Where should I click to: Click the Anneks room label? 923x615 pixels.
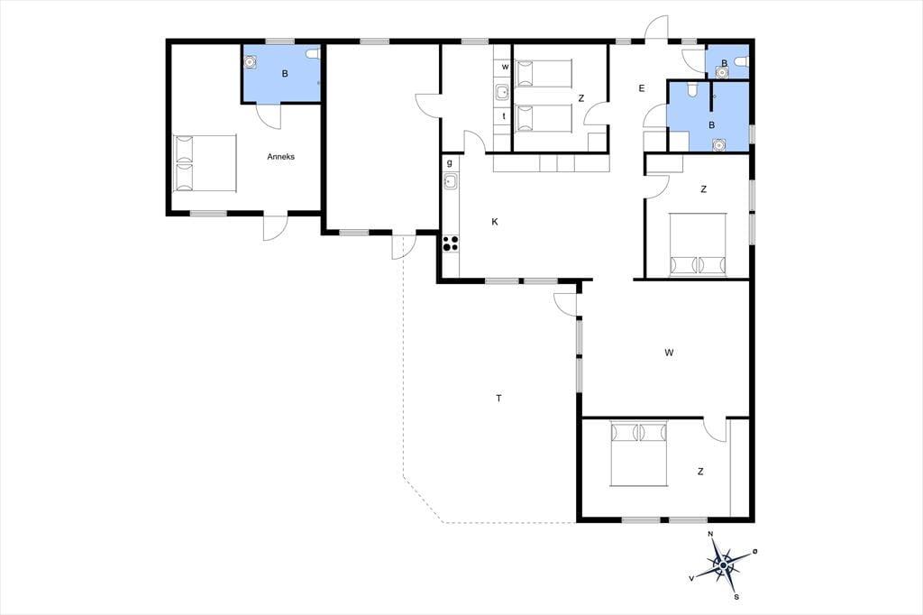pos(281,157)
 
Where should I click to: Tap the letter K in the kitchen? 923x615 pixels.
pos(495,222)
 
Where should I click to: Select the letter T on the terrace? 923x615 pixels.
pos(498,399)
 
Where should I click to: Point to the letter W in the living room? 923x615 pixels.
pos(669,353)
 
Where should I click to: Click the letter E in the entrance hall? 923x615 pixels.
pos(642,88)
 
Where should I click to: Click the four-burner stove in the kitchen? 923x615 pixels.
pos(451,243)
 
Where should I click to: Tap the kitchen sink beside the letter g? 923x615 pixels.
pos(451,181)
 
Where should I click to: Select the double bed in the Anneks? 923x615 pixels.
pos(205,163)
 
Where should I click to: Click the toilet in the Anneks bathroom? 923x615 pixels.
pos(313,54)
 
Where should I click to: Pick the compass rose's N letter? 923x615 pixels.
pos(710,535)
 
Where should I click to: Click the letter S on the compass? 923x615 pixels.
pos(736,597)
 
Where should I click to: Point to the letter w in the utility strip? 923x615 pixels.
pos(505,67)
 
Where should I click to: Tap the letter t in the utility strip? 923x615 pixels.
pos(504,116)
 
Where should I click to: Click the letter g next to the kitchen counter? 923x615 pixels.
pos(450,163)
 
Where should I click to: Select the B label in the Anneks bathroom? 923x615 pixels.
pos(285,74)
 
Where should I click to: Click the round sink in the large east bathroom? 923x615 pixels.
pos(718,144)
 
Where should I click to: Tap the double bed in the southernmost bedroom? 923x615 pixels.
pos(639,453)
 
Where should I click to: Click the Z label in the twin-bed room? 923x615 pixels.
pos(581,98)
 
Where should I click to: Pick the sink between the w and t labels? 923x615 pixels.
pos(502,93)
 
